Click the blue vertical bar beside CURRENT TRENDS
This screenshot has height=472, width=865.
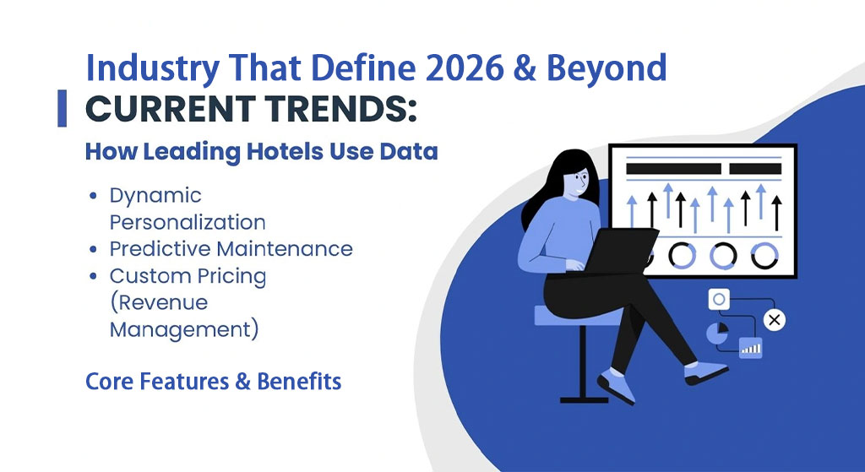63,108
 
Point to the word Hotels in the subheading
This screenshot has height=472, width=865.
286,152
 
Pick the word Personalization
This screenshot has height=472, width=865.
188,223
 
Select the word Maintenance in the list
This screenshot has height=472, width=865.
286,249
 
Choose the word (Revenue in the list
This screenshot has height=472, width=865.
159,303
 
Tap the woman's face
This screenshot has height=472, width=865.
576,182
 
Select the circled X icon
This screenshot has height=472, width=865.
775,320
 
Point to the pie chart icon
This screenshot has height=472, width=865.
717,333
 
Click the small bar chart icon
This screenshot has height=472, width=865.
751,348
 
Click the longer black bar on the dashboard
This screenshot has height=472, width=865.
673,169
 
